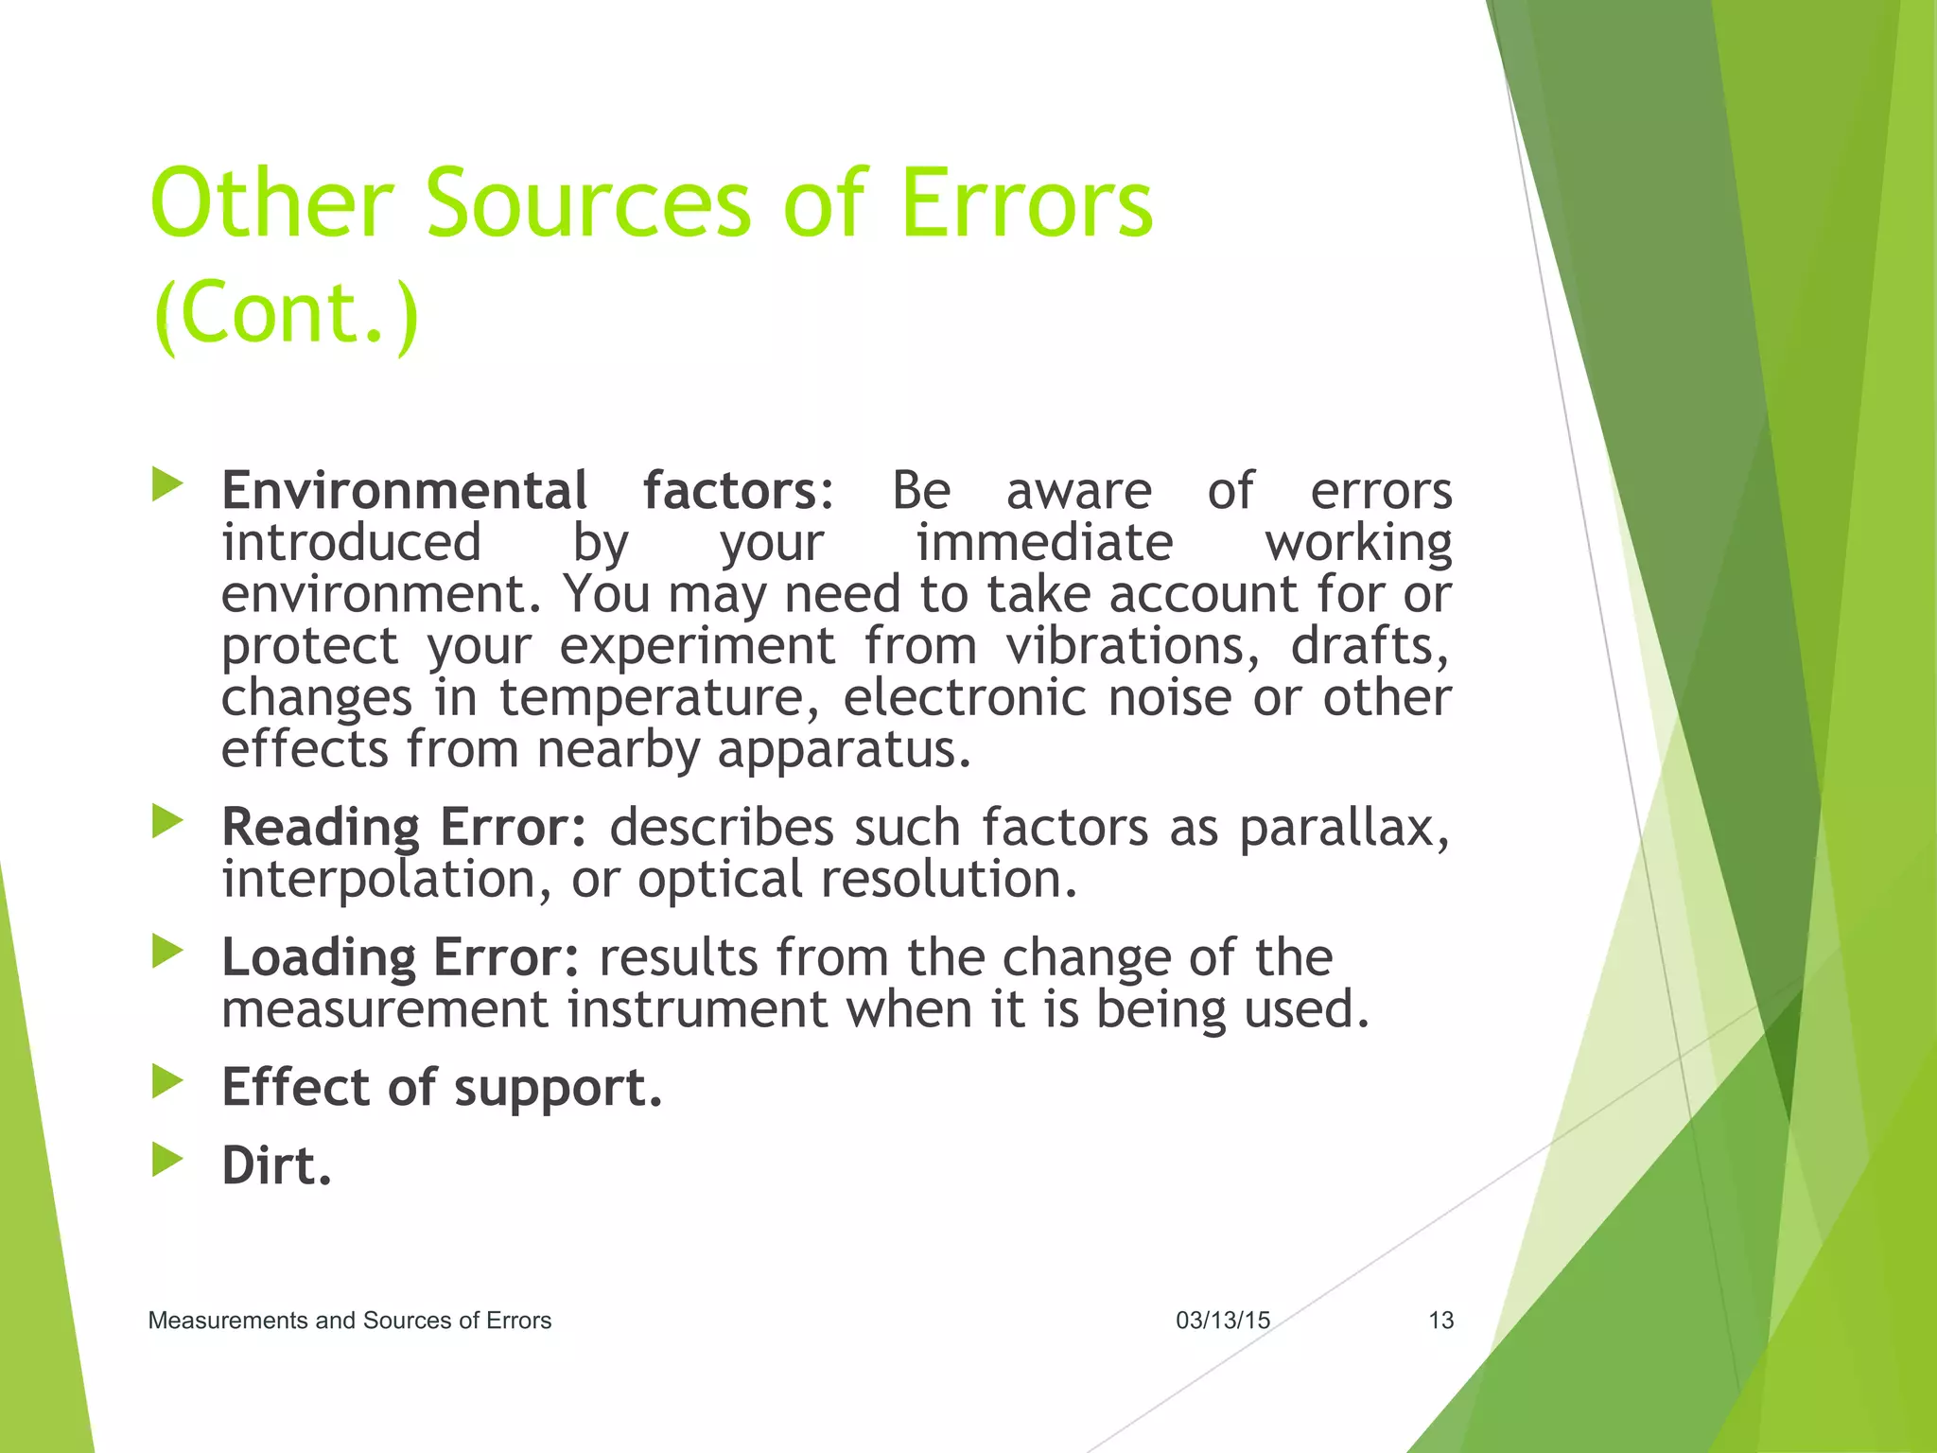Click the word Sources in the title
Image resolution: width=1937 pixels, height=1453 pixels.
587,203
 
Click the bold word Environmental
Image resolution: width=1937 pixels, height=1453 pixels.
404,491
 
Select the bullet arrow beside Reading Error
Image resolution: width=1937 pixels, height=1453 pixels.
167,821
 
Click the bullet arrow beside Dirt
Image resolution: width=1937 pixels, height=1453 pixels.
167,1159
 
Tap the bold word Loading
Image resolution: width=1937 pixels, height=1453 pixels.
318,958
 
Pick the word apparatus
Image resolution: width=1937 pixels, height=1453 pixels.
844,751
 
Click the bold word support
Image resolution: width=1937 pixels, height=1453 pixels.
557,1088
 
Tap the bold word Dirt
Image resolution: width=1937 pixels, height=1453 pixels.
276,1166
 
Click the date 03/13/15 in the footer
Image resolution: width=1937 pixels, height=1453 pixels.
1222,1321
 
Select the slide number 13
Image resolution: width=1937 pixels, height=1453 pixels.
1440,1321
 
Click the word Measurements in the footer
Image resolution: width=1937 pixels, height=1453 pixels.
228,1321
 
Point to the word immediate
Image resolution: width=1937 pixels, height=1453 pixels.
1044,543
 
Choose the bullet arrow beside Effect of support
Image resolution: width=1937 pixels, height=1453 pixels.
167,1081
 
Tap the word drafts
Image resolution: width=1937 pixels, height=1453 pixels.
1369,647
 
